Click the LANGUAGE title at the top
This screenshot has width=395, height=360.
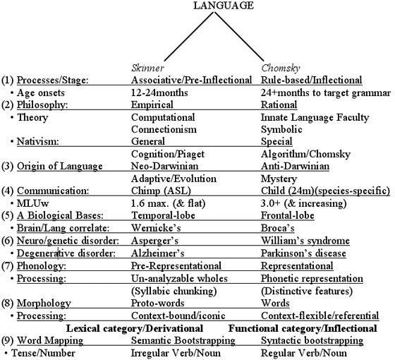click(x=224, y=6)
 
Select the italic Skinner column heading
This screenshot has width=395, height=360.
click(x=147, y=68)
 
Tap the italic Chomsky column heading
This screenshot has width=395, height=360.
click(x=281, y=68)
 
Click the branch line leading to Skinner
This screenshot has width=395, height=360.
click(x=189, y=36)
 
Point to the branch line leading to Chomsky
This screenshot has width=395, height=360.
click(x=239, y=36)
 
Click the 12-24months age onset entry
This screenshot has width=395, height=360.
click(x=159, y=92)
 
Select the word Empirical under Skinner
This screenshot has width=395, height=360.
click(x=152, y=104)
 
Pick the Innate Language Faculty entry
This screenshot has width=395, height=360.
click(x=315, y=117)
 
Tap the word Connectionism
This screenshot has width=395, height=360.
click(x=164, y=129)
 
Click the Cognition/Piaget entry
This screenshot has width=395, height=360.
click(x=168, y=154)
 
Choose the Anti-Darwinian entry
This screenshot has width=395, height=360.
click(x=295, y=166)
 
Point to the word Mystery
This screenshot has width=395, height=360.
click(x=279, y=179)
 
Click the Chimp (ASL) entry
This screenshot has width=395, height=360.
click(x=161, y=191)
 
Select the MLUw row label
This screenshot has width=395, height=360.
click(x=32, y=203)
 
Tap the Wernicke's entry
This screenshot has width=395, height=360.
click(x=156, y=228)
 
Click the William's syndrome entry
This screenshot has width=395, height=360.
click(x=305, y=241)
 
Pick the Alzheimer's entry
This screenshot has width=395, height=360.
click(x=158, y=253)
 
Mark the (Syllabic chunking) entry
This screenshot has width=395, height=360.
click(x=174, y=291)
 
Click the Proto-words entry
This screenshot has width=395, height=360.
click(x=158, y=303)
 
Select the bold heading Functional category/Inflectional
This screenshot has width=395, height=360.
click(x=303, y=328)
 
